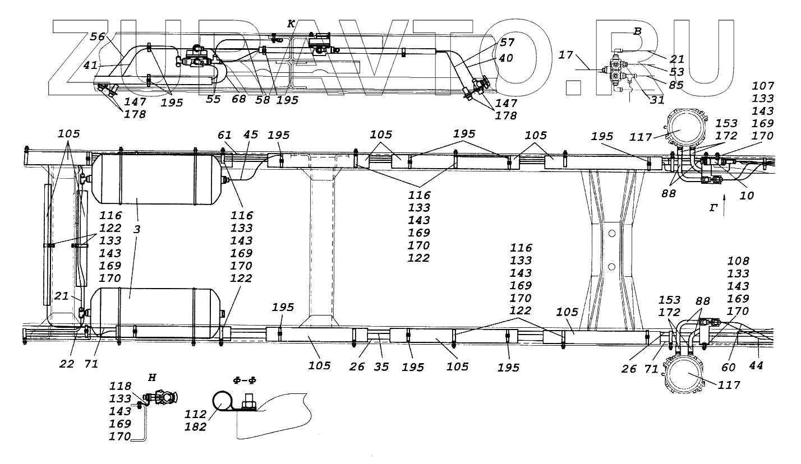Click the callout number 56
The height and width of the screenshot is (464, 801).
point(97,37)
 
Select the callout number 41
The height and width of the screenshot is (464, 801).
point(90,65)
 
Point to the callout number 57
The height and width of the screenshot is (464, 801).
point(507,42)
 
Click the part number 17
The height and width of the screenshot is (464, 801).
point(566,55)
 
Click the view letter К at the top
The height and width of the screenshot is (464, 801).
point(291,24)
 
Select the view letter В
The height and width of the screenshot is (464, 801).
point(637,32)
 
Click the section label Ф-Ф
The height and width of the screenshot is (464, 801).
point(245,381)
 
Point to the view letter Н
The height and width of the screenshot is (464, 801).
point(151,378)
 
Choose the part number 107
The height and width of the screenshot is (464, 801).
point(763,86)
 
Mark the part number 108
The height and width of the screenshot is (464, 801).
point(738,261)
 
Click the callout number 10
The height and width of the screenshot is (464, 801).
point(747,196)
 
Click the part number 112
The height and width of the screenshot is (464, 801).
point(195,414)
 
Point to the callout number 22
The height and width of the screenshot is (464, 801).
point(67,364)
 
